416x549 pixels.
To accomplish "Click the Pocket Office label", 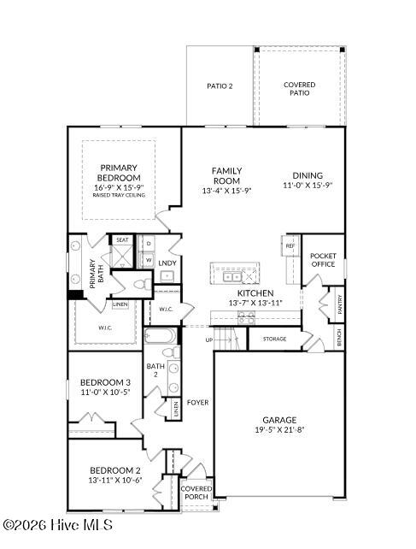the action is tap(323, 260).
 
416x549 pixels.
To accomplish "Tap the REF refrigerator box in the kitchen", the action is tap(290, 245).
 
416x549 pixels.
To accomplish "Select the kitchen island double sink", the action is tap(232, 277).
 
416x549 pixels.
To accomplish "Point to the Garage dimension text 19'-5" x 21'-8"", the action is tap(279, 429).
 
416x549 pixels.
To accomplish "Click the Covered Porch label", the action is tap(196, 493).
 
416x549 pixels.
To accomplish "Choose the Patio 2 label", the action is tap(220, 86).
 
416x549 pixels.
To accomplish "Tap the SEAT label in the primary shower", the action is tap(122, 239).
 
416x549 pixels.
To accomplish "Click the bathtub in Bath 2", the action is tap(161, 336).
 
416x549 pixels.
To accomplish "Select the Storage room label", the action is tap(275, 339).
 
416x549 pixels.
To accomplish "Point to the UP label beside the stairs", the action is tap(209, 339).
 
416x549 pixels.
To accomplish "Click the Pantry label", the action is tap(340, 304).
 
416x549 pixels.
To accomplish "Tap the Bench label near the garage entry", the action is tap(339, 338).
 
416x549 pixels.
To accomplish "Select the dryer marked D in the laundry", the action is tap(149, 244).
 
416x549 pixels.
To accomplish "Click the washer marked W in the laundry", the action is tap(149, 260).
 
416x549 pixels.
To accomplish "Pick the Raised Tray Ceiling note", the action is tap(119, 195).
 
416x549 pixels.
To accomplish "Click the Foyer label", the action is tap(197, 403).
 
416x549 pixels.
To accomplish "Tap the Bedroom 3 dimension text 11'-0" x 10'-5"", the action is tap(105, 393).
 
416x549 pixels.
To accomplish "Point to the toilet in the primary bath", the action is tap(143, 284).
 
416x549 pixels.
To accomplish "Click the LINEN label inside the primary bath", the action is tap(120, 304).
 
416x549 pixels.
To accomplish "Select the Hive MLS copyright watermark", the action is tap(58, 525).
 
